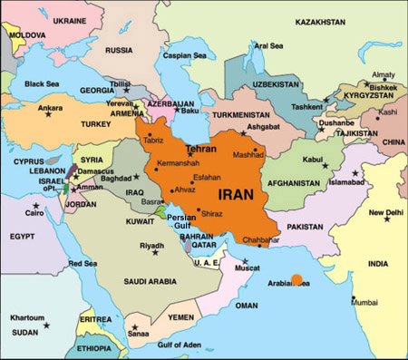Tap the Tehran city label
pyautogui.click(x=200, y=147)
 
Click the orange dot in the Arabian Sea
pyautogui.click(x=296, y=279)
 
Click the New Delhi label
pyautogui.click(x=385, y=213)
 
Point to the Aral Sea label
pyautogui.click(x=268, y=45)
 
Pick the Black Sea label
pyautogui.click(x=41, y=84)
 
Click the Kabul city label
pyautogui.click(x=312, y=160)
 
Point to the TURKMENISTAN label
pyautogui.click(x=244, y=115)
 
